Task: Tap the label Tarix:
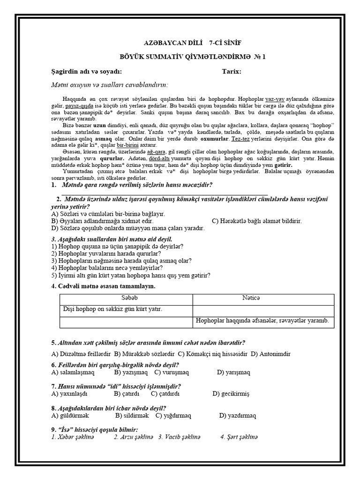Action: [232, 72]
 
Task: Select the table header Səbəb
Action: [126, 299]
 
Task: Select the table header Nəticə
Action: [262, 299]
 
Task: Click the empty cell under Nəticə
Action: [263, 310]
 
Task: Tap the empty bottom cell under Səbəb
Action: [126, 322]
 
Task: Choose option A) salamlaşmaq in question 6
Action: [73, 372]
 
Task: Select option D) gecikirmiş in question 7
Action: [231, 394]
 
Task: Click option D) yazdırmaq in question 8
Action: [237, 415]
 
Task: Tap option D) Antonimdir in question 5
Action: [273, 353]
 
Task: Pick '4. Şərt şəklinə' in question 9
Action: [239, 437]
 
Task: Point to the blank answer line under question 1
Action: [164, 193]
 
